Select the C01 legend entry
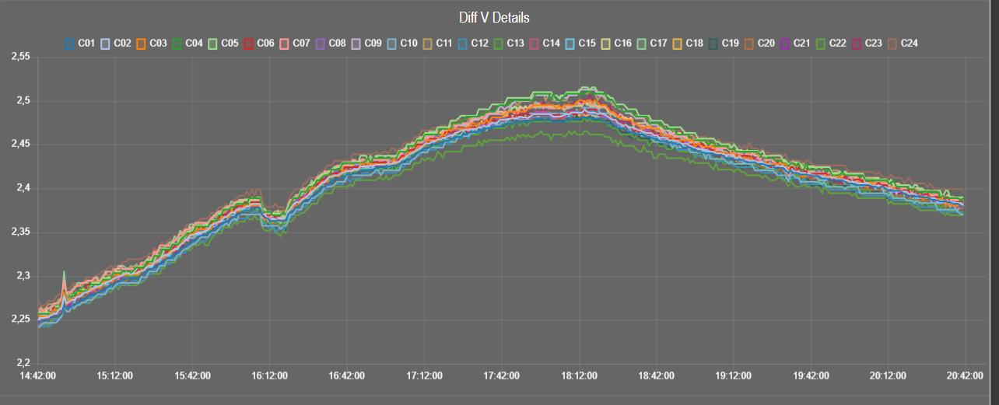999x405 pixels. coord(79,44)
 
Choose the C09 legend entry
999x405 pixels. coord(364,44)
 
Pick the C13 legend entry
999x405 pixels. coord(507,44)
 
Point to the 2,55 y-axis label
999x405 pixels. coord(19,58)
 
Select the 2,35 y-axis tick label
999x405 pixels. coord(19,232)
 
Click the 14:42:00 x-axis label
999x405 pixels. coord(37,376)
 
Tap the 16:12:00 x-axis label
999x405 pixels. coord(269,376)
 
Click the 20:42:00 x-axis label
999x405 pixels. coord(963,376)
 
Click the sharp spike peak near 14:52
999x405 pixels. coord(64,272)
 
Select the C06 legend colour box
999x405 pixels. coord(250,44)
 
